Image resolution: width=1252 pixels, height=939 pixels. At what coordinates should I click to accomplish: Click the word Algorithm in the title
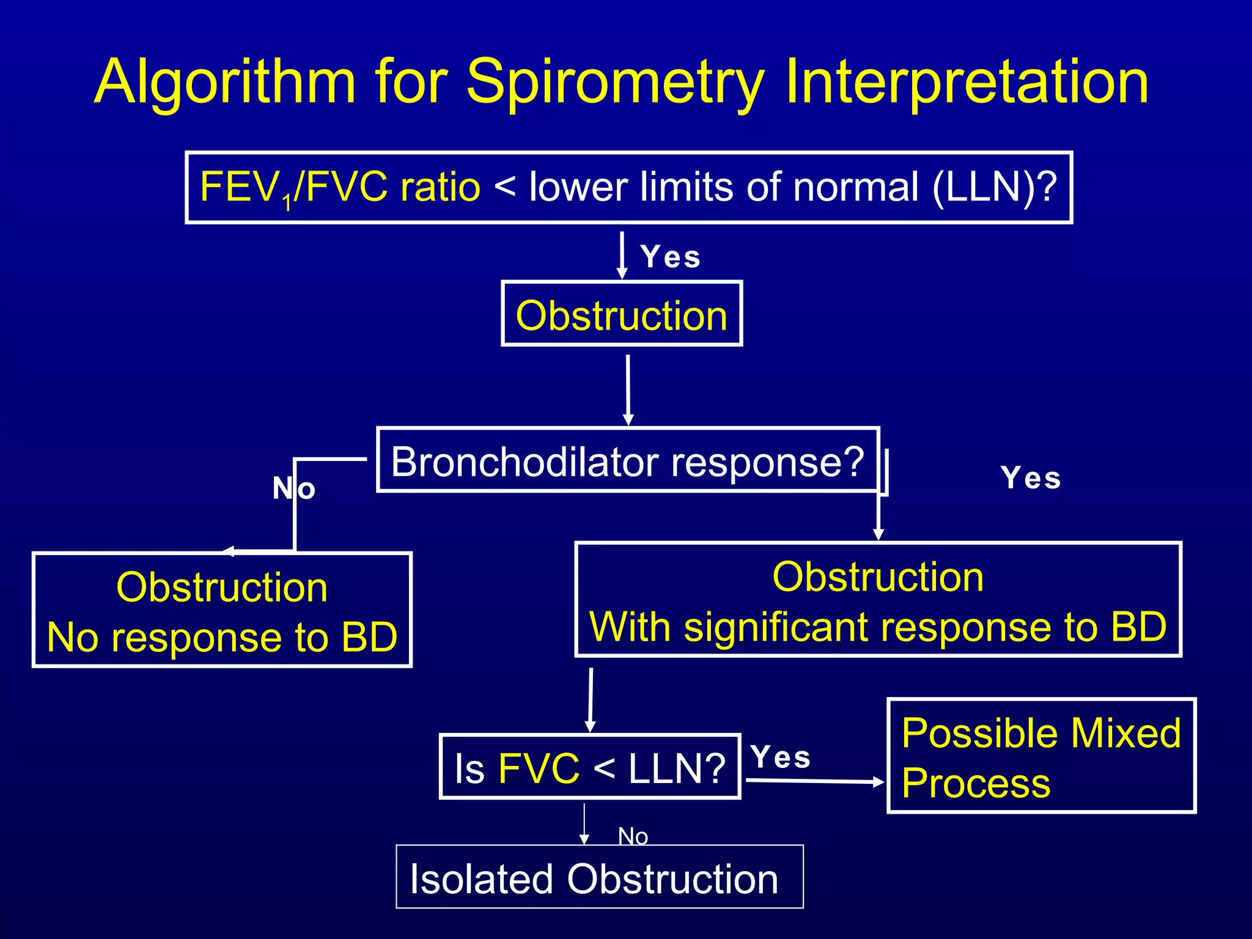(x=225, y=83)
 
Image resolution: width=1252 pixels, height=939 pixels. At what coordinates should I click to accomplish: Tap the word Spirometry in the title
(x=615, y=83)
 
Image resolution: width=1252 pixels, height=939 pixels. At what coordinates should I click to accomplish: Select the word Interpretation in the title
(x=966, y=83)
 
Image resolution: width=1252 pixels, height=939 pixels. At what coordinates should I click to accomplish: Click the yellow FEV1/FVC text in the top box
(x=293, y=187)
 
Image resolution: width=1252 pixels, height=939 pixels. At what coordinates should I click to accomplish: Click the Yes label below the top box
(x=670, y=257)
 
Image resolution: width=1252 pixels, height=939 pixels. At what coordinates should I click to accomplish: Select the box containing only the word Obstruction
(x=621, y=314)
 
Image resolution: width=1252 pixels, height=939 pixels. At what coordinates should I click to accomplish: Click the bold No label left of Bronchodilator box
(x=293, y=488)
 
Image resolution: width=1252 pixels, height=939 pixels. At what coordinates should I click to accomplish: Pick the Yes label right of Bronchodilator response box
(x=1031, y=478)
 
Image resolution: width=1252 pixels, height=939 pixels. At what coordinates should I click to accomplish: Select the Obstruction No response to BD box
(x=222, y=610)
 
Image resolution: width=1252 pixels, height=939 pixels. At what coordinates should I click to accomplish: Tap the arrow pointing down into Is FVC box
(x=591, y=699)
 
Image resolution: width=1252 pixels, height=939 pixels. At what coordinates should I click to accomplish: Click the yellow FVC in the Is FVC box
(x=539, y=768)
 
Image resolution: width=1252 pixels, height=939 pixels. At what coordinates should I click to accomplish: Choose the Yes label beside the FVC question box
(x=781, y=757)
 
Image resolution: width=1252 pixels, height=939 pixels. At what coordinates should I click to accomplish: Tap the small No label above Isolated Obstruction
(x=633, y=836)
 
